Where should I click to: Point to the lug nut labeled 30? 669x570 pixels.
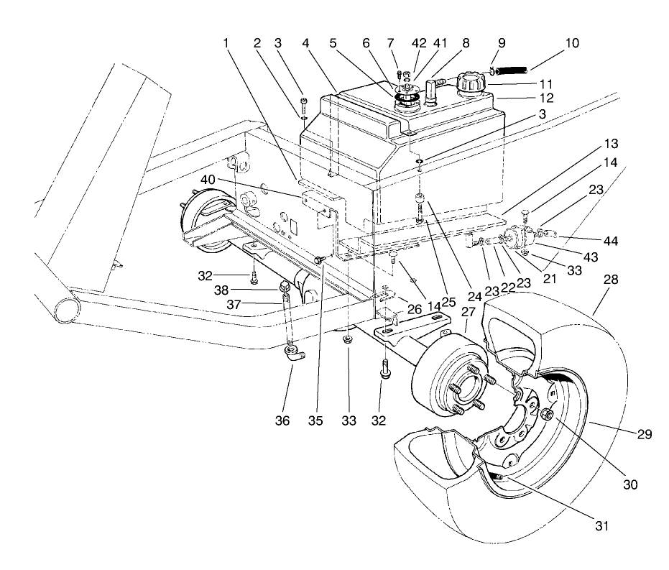[548, 414]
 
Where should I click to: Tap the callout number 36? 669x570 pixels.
[282, 420]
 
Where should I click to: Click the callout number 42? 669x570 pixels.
[417, 43]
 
